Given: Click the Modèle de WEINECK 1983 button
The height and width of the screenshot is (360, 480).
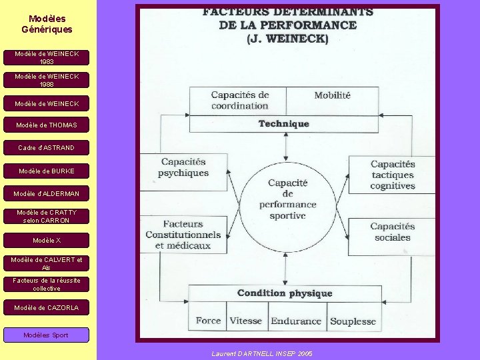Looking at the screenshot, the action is (47, 57).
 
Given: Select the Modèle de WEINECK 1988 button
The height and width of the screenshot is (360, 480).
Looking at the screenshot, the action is (47, 80).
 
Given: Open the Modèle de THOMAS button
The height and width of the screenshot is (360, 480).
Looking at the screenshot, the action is (47, 125).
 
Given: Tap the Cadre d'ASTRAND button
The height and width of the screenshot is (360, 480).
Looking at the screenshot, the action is (47, 147).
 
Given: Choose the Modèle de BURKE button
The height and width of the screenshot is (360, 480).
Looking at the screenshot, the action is (47, 171).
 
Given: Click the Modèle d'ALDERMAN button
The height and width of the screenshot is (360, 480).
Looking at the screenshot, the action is (47, 193).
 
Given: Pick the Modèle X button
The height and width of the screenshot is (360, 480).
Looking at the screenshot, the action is (47, 240).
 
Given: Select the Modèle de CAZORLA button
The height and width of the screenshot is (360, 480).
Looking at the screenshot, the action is (47, 307).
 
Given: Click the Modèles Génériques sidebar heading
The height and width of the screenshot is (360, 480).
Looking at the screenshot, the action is (47, 24).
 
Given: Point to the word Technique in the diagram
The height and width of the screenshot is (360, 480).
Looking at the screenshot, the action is (284, 123).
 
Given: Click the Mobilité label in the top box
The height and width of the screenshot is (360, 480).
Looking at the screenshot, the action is (332, 95).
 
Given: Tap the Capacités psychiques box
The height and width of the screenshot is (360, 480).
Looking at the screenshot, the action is (183, 167).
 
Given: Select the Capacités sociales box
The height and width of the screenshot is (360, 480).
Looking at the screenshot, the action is (393, 232).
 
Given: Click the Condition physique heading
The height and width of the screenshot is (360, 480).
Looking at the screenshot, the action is (285, 293).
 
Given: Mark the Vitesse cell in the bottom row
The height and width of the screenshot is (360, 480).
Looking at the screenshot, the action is (246, 321).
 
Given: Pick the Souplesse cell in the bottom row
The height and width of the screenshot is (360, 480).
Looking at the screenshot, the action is (353, 321).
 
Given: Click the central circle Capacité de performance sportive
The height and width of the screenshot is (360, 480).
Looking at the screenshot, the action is (287, 199).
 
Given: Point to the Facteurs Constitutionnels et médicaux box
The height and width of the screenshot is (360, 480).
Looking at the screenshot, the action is (183, 235).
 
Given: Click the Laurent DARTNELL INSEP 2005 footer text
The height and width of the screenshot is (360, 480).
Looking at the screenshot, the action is (262, 353).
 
